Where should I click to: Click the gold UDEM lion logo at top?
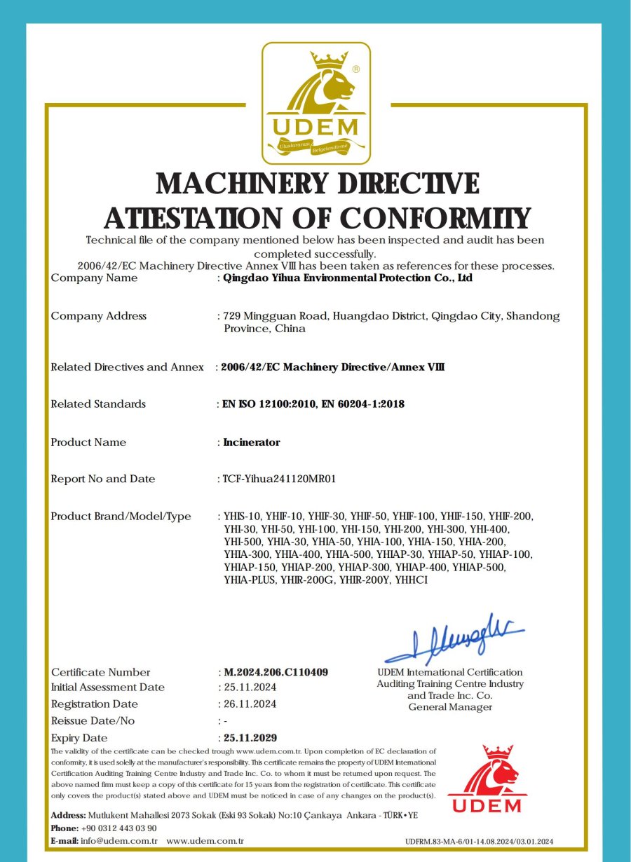[x=315, y=102]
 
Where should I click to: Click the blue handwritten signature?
[x=455, y=638]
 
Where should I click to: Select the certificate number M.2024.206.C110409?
[x=276, y=672]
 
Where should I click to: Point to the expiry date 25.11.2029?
[x=250, y=738]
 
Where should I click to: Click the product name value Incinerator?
[x=252, y=442]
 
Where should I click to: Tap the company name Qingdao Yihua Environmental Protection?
[x=347, y=278]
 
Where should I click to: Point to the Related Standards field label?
[x=98, y=404]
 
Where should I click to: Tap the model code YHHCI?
[x=411, y=580]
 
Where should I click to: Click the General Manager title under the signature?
[x=450, y=707]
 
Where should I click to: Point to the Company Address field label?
[x=98, y=316]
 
